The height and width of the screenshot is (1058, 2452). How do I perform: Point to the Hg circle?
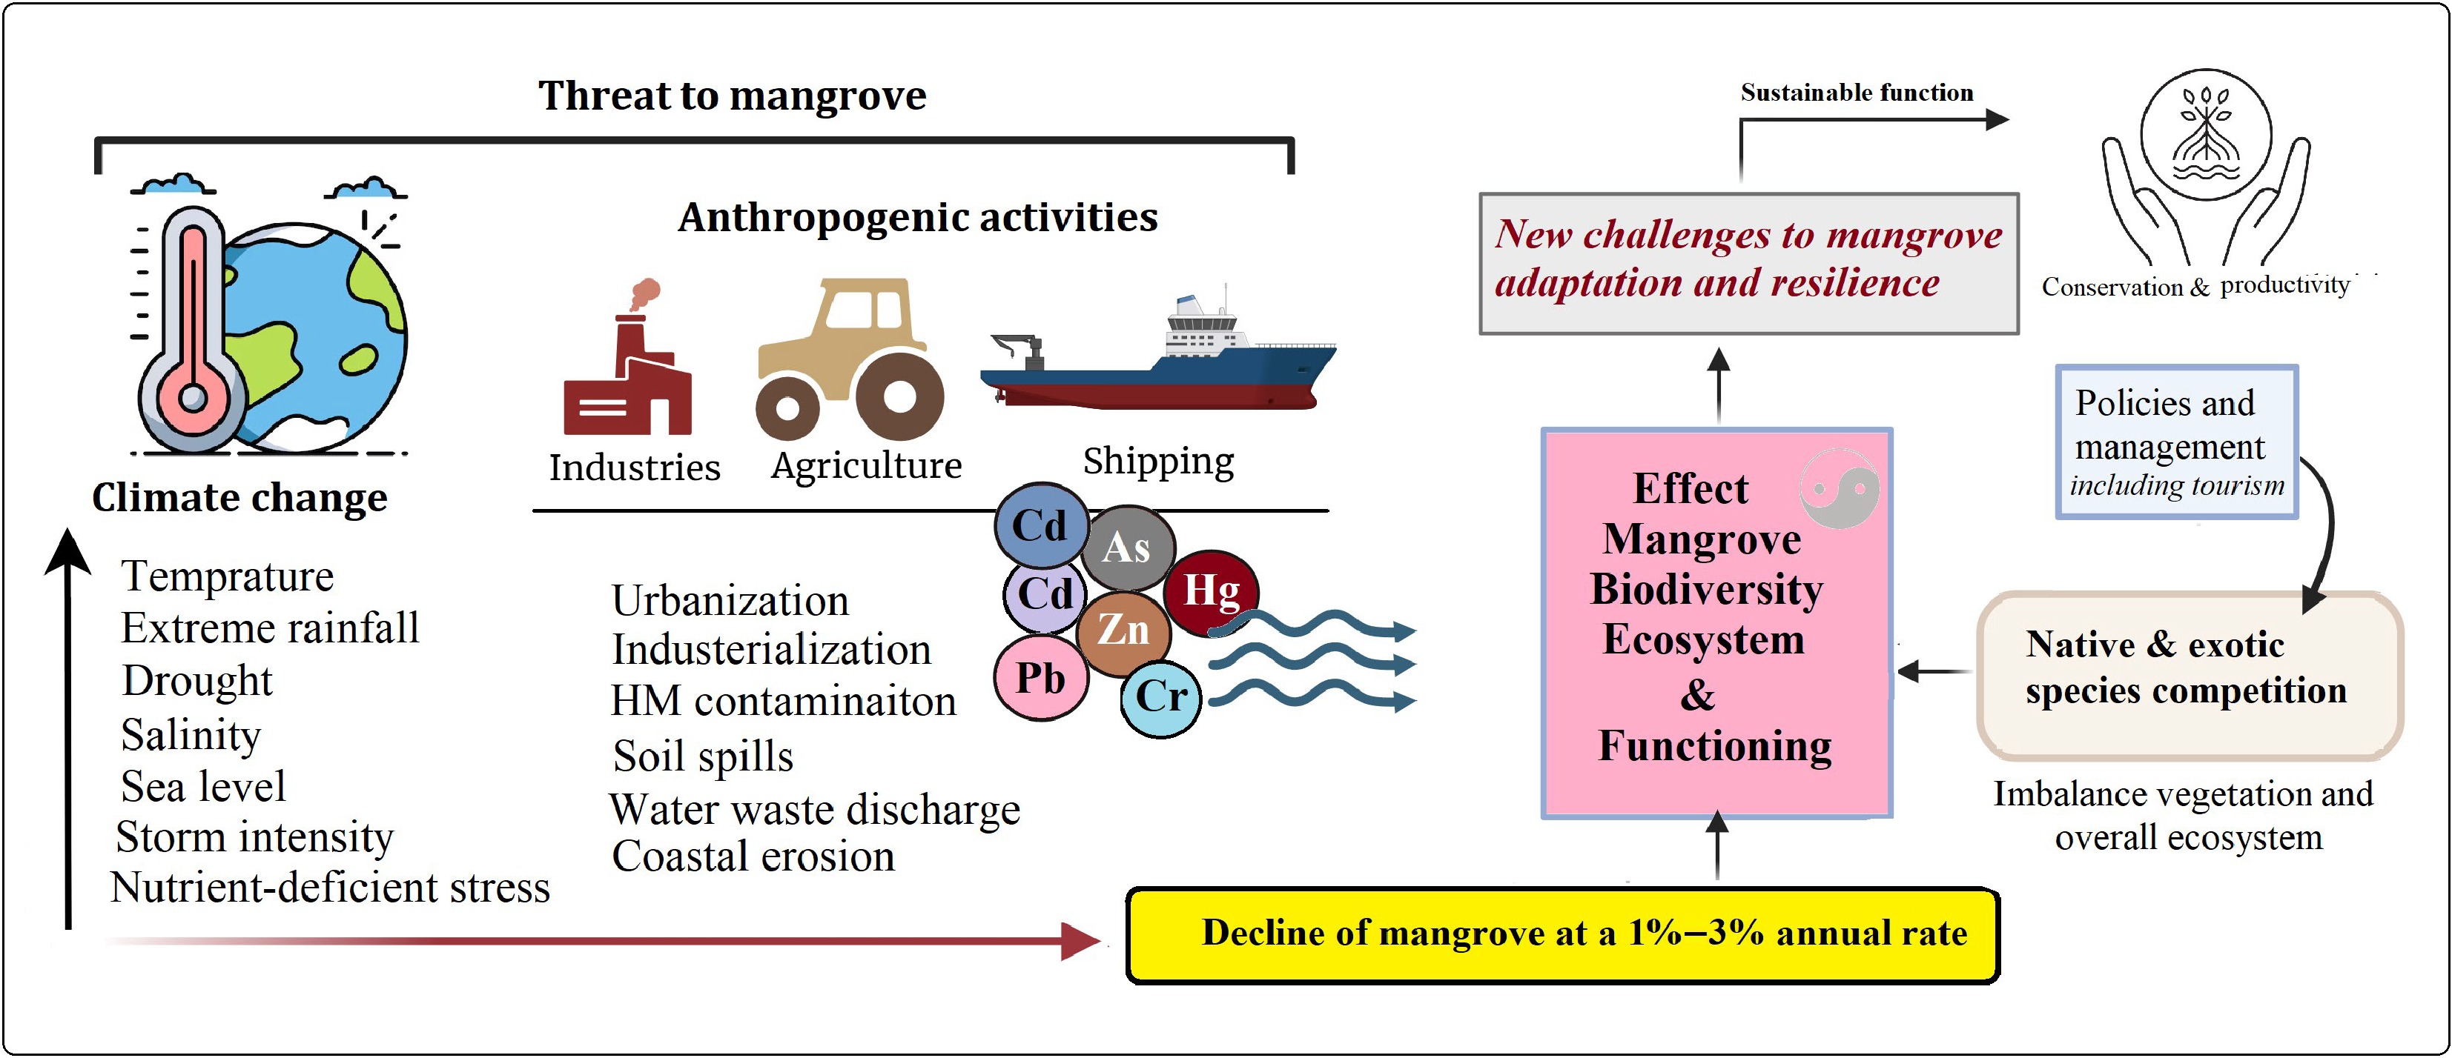click(1211, 592)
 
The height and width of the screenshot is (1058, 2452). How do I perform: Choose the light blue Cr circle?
click(1161, 697)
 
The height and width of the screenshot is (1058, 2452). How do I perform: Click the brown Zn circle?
click(1123, 630)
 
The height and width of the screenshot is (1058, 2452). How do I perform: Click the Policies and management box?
click(2176, 442)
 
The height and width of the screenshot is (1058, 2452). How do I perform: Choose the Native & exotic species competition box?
click(2190, 676)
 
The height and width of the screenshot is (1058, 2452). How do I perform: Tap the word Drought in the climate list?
click(197, 681)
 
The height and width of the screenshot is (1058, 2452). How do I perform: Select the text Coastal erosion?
click(753, 857)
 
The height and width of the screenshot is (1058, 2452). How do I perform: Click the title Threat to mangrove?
click(732, 96)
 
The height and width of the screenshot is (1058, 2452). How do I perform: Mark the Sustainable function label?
click(1856, 93)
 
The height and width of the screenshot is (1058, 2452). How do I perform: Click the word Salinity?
click(191, 734)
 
